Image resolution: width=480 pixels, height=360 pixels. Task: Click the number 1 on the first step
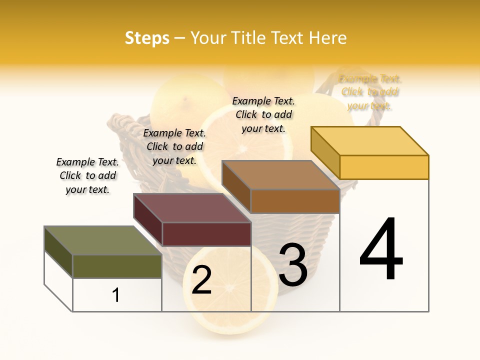click(x=116, y=295)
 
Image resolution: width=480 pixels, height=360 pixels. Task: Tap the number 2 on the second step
click(x=201, y=280)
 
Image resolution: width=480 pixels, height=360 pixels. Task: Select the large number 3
click(x=293, y=265)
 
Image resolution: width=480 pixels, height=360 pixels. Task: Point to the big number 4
click(x=381, y=249)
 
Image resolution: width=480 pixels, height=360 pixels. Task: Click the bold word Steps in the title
click(x=147, y=38)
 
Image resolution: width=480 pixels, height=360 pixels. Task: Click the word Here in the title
click(x=327, y=38)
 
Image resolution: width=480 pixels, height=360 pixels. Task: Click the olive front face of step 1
click(x=117, y=266)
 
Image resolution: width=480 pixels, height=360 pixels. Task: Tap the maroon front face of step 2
click(x=206, y=234)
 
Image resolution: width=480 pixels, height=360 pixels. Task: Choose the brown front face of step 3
click(x=295, y=201)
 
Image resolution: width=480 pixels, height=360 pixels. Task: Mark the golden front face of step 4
click(x=384, y=167)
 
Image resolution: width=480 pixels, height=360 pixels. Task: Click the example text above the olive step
click(x=87, y=176)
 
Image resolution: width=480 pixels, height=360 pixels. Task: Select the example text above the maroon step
click(x=174, y=146)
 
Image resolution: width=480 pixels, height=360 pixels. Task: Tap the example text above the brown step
click(x=263, y=114)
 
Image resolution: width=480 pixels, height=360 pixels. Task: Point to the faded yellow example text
click(x=370, y=92)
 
